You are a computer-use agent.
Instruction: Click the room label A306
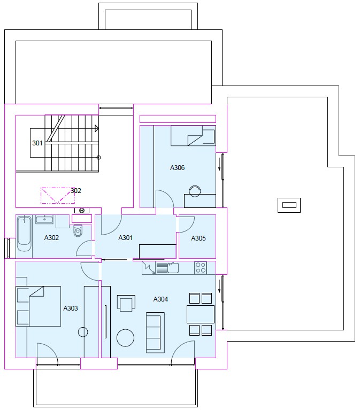pyautogui.click(x=178, y=168)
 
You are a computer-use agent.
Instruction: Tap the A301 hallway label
pyautogui.click(x=126, y=238)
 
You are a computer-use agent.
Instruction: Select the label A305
pyautogui.click(x=198, y=238)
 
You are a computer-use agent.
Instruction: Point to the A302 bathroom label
pyautogui.click(x=51, y=238)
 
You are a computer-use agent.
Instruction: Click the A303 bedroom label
pyautogui.click(x=71, y=308)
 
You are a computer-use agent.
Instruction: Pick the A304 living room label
pyautogui.click(x=160, y=299)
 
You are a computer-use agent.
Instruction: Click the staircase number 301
pyautogui.click(x=37, y=143)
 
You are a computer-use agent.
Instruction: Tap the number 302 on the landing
pyautogui.click(x=76, y=191)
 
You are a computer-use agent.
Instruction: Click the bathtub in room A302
pyautogui.click(x=24, y=233)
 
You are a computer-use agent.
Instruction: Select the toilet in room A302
pyautogui.click(x=78, y=230)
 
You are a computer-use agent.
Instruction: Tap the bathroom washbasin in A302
pyautogui.click(x=44, y=219)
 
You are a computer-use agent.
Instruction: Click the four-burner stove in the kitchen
pyautogui.click(x=201, y=268)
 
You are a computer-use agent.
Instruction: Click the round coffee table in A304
pyautogui.click(x=125, y=338)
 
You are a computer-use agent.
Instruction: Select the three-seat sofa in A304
pyautogui.click(x=155, y=332)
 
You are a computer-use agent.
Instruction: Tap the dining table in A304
pyautogui.click(x=201, y=314)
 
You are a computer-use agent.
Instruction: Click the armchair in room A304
pyautogui.click(x=126, y=303)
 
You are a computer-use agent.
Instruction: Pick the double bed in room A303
pyautogui.click(x=39, y=306)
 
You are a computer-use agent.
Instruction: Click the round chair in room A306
pyautogui.click(x=195, y=191)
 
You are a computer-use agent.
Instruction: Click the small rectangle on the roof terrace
pyautogui.click(x=289, y=205)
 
